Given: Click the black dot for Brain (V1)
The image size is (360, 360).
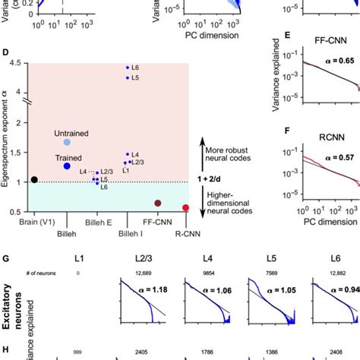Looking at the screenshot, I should (x=33, y=180).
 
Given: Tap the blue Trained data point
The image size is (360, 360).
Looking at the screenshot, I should (x=67, y=166).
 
